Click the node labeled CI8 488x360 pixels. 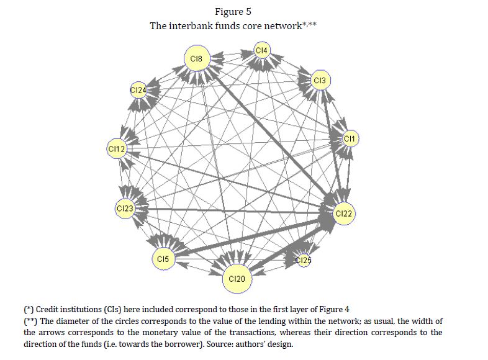[196, 59]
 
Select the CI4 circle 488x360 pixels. [261, 50]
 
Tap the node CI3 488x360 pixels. [319, 81]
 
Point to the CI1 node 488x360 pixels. [349, 139]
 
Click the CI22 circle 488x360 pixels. [343, 214]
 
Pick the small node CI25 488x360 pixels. [303, 260]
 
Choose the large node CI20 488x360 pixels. [237, 279]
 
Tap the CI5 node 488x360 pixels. [163, 258]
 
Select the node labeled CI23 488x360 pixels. [125, 208]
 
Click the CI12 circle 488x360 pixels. [117, 149]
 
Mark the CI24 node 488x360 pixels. [138, 90]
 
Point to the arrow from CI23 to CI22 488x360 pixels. [236, 211]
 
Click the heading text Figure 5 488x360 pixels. [233, 12]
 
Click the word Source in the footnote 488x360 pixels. [245, 344]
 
